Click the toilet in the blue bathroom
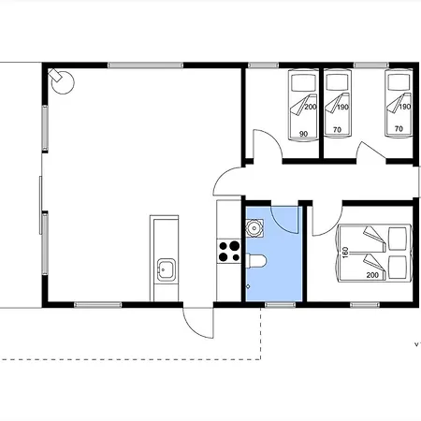coord(256,261)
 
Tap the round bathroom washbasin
coord(254,228)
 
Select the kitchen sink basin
coord(166,269)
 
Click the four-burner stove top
coord(229,252)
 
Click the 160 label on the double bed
coord(345,253)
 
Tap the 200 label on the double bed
coord(372,275)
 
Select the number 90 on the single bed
coord(303,134)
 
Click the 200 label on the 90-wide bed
coord(311,107)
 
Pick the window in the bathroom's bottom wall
coord(280,305)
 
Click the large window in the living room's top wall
coord(146,65)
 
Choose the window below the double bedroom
coord(365,305)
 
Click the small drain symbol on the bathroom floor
coord(248,286)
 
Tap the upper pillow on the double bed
coord(398,239)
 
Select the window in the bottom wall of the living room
coord(97,305)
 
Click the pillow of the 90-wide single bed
coord(303,82)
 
